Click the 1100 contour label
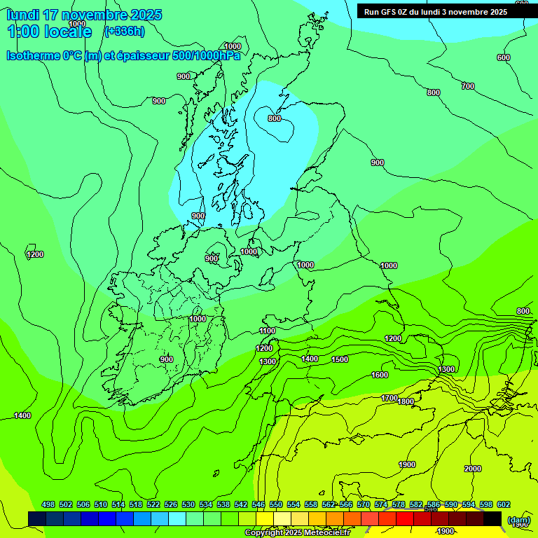(268, 331)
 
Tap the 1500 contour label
(340, 359)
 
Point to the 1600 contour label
(380, 375)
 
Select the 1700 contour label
(389, 398)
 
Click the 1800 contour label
(406, 401)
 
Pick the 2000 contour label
(473, 469)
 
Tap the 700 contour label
(468, 86)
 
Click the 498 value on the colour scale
(48, 504)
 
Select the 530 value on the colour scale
(188, 504)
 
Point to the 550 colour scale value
(276, 504)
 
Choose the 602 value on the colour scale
(504, 504)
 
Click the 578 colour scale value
(399, 504)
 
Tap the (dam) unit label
(518, 520)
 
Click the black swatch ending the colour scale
(492, 518)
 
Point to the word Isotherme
(32, 55)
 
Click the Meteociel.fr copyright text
(297, 532)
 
